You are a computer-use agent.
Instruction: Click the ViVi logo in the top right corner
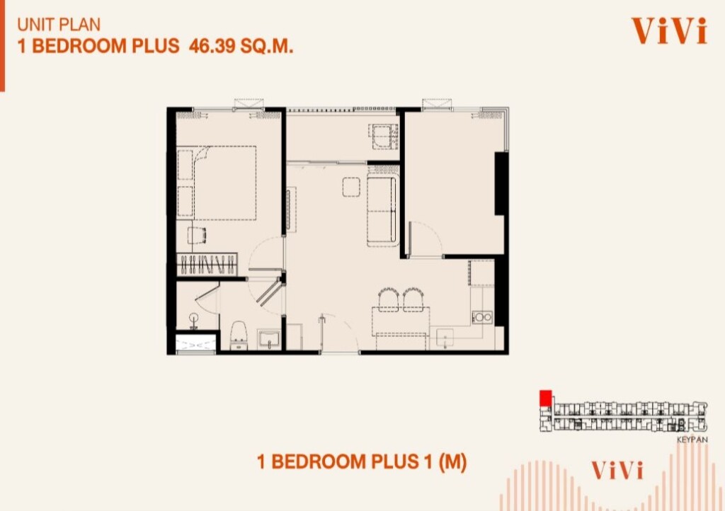[x=669, y=31]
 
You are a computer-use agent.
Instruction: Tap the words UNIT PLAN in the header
[x=59, y=25]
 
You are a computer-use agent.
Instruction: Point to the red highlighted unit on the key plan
[x=546, y=398]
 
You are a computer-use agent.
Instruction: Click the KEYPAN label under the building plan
[x=692, y=440]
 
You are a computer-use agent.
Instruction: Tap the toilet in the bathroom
[x=239, y=335]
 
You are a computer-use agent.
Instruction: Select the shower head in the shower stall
[x=193, y=320]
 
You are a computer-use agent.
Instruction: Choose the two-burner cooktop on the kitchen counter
[x=481, y=317]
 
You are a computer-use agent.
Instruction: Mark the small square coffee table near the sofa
[x=351, y=187]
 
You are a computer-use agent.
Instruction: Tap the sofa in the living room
[x=382, y=211]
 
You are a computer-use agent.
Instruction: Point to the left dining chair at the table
[x=389, y=299]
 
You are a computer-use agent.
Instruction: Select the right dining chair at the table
[x=413, y=299]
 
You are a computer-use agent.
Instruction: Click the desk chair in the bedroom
[x=198, y=235]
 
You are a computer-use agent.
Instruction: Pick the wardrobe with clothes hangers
[x=207, y=265]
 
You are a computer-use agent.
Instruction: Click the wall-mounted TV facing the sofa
[x=289, y=209]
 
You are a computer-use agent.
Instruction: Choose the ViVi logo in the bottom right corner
[x=617, y=471]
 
